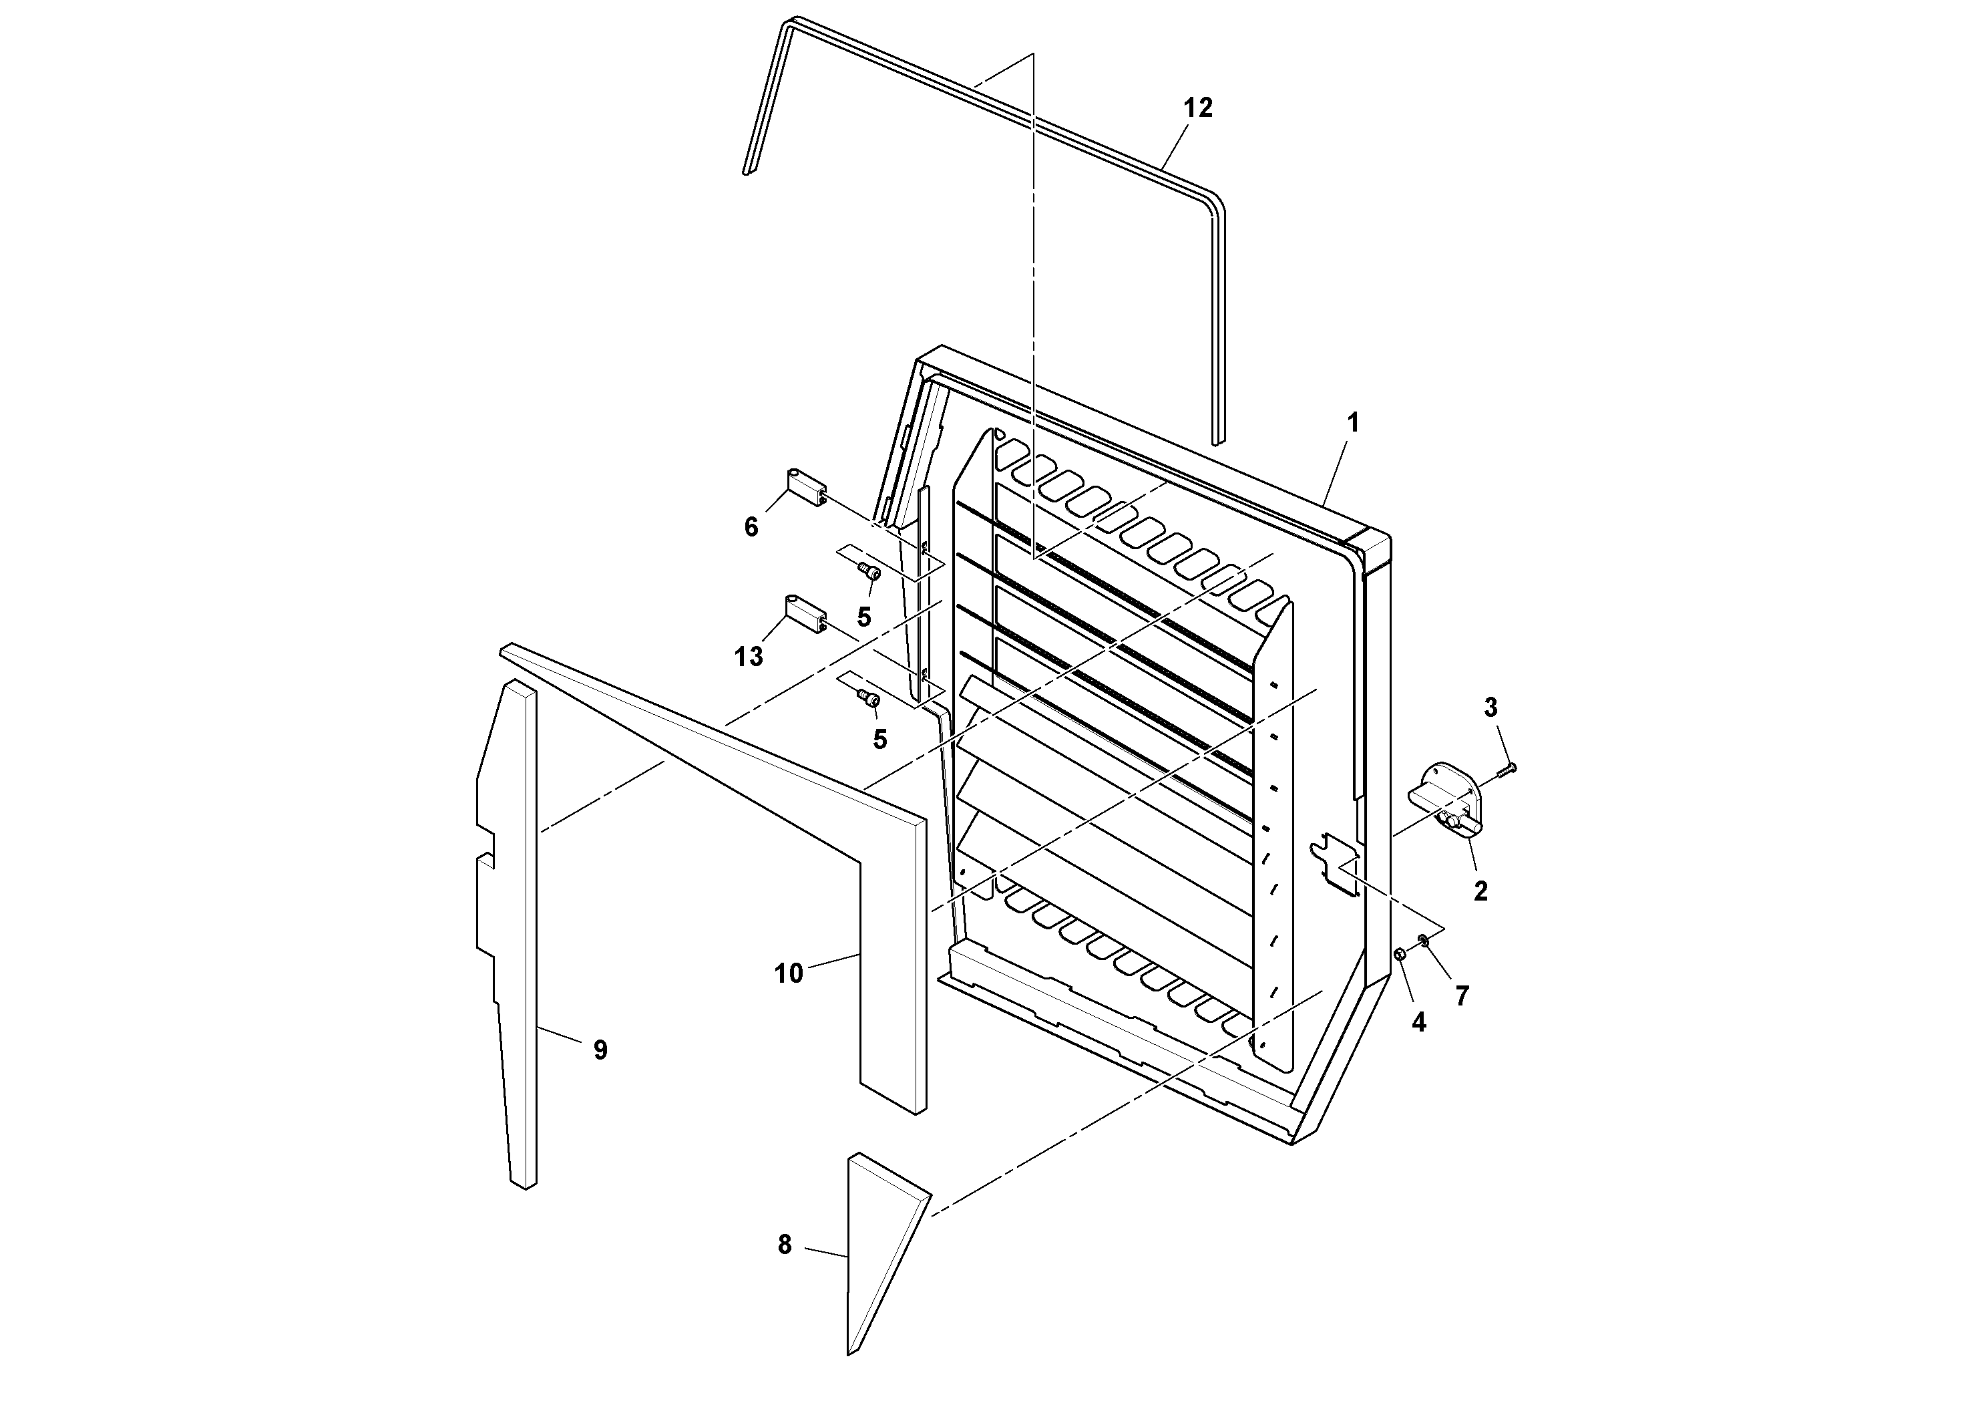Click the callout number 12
point(1198,108)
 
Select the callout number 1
point(1352,424)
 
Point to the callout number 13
point(749,657)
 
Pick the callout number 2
point(1480,891)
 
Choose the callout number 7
point(1462,996)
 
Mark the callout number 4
point(1418,1022)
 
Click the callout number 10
point(789,973)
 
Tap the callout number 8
point(785,1245)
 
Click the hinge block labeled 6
point(806,488)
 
